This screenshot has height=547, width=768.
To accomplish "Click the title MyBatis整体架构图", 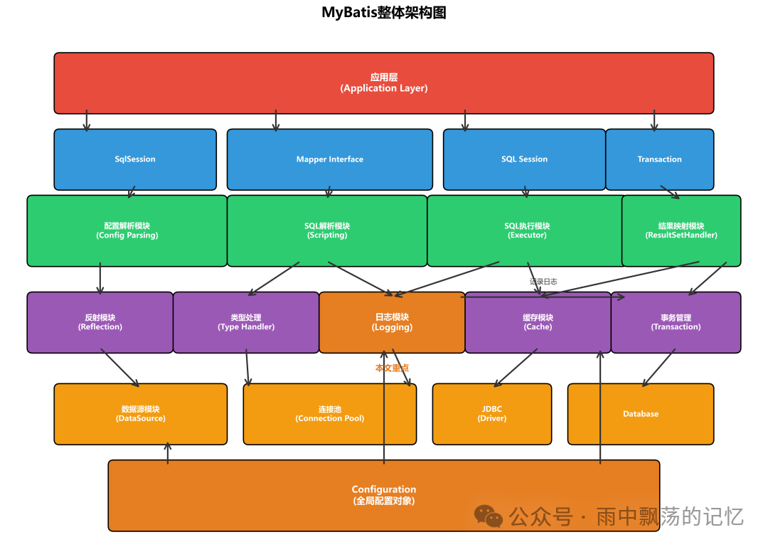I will point(384,13).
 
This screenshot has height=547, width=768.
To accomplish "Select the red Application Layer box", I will point(384,83).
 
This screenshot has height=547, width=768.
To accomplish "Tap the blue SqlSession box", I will point(135,159).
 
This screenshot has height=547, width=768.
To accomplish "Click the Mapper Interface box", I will point(329,159).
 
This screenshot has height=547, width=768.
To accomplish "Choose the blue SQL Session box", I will point(524,159).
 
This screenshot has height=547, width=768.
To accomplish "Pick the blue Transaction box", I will point(659,159).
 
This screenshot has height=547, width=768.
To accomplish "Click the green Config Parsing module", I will point(127,230).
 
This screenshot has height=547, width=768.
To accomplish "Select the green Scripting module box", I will point(327,230).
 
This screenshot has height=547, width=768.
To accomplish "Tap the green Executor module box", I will point(526,230).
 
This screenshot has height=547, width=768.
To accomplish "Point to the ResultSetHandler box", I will point(681,230).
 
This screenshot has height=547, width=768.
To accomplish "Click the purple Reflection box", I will point(100,322).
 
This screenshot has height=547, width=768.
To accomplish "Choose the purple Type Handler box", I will point(246,322).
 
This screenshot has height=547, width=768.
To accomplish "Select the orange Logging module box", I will point(392,322).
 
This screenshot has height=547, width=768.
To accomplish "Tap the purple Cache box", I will point(538,322).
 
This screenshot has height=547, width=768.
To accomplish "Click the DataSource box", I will point(140,414).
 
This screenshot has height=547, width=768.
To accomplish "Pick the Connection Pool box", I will point(329,414).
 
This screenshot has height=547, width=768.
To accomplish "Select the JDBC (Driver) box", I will point(491,414).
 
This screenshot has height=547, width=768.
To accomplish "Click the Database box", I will point(640,414).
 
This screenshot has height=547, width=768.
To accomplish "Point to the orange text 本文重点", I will point(392,368).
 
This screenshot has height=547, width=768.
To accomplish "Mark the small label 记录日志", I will point(543,282).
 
